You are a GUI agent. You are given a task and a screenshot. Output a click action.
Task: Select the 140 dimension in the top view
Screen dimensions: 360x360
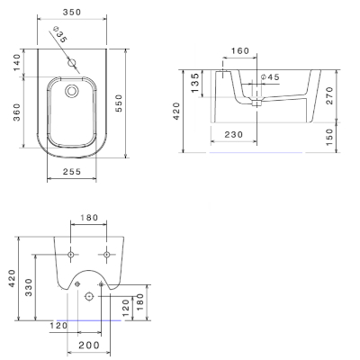pyautogui.click(x=17, y=64)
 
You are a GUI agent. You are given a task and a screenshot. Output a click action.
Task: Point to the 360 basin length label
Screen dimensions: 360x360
pyautogui.click(x=17, y=112)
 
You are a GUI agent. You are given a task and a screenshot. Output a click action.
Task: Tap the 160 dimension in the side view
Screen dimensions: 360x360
pyautogui.click(x=239, y=51)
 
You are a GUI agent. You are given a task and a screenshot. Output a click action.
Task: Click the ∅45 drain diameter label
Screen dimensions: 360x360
pyautogui.click(x=271, y=77)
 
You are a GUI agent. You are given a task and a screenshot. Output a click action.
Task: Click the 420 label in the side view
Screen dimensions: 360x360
pyautogui.click(x=177, y=110)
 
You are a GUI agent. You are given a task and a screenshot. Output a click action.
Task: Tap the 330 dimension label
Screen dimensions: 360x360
pyautogui.click(x=30, y=288)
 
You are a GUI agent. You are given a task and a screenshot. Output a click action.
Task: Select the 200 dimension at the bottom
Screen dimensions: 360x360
pyautogui.click(x=88, y=346)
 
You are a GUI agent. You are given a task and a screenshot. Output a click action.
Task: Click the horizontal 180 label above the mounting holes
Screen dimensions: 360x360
pyautogui.click(x=89, y=219)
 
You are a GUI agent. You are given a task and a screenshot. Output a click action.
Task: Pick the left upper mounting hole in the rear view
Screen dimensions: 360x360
pyautogui.click(x=72, y=251)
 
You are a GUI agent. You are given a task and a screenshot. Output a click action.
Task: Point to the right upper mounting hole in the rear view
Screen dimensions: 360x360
pyautogui.click(x=105, y=251)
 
